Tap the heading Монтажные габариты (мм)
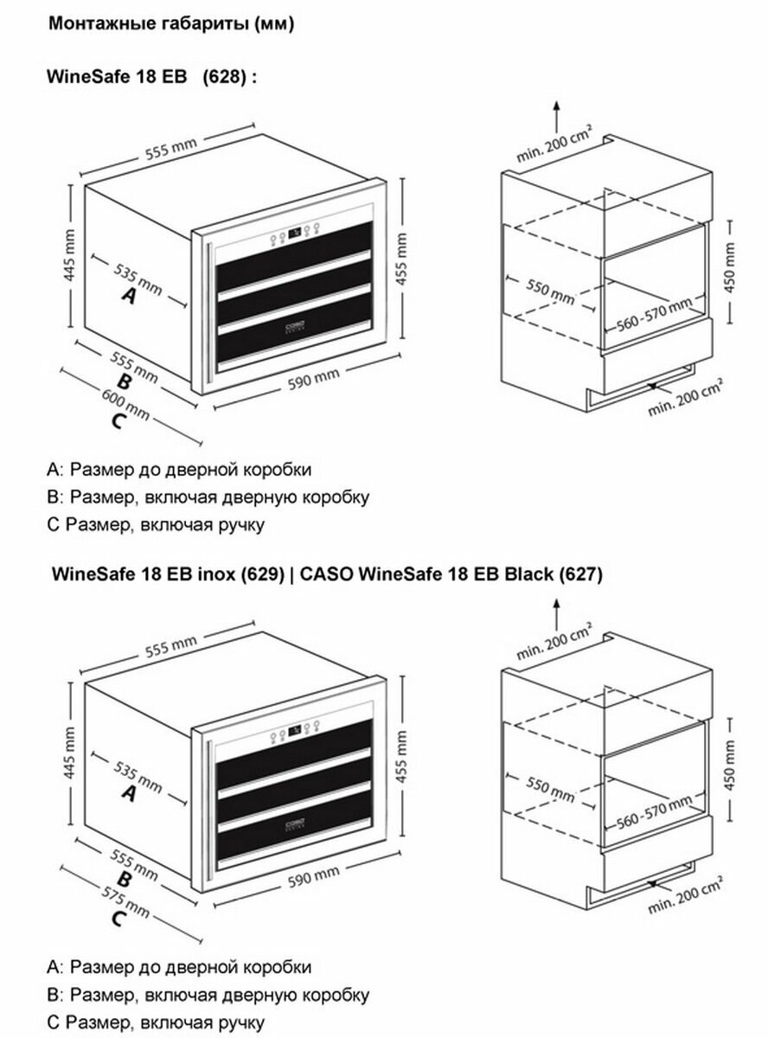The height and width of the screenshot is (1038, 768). click(171, 23)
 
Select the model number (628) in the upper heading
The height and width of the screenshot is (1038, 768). click(224, 76)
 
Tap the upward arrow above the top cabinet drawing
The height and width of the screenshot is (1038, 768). click(556, 117)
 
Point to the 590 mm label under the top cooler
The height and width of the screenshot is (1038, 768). click(313, 379)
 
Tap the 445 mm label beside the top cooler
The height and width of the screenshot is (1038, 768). click(69, 255)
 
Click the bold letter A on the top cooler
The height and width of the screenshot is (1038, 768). click(129, 295)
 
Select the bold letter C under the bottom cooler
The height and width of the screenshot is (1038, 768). click(118, 919)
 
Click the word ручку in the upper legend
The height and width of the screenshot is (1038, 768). click(241, 525)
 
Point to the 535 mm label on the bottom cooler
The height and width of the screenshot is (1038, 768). click(138, 778)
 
